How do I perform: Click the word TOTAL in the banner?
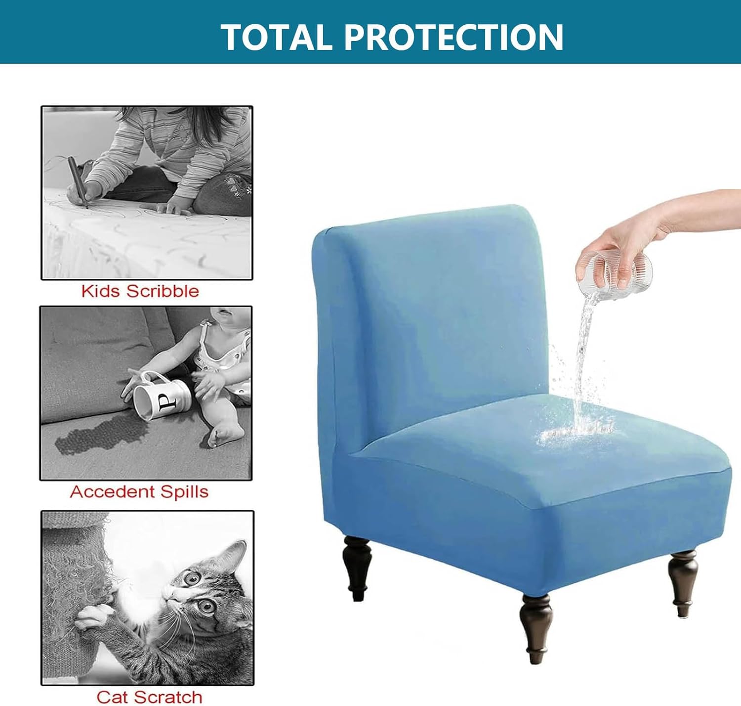[x=276, y=37]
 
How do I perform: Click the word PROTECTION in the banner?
[x=454, y=37]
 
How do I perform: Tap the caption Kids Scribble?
[x=140, y=291]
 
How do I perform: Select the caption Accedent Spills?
[x=139, y=492]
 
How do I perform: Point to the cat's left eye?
[x=206, y=607]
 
